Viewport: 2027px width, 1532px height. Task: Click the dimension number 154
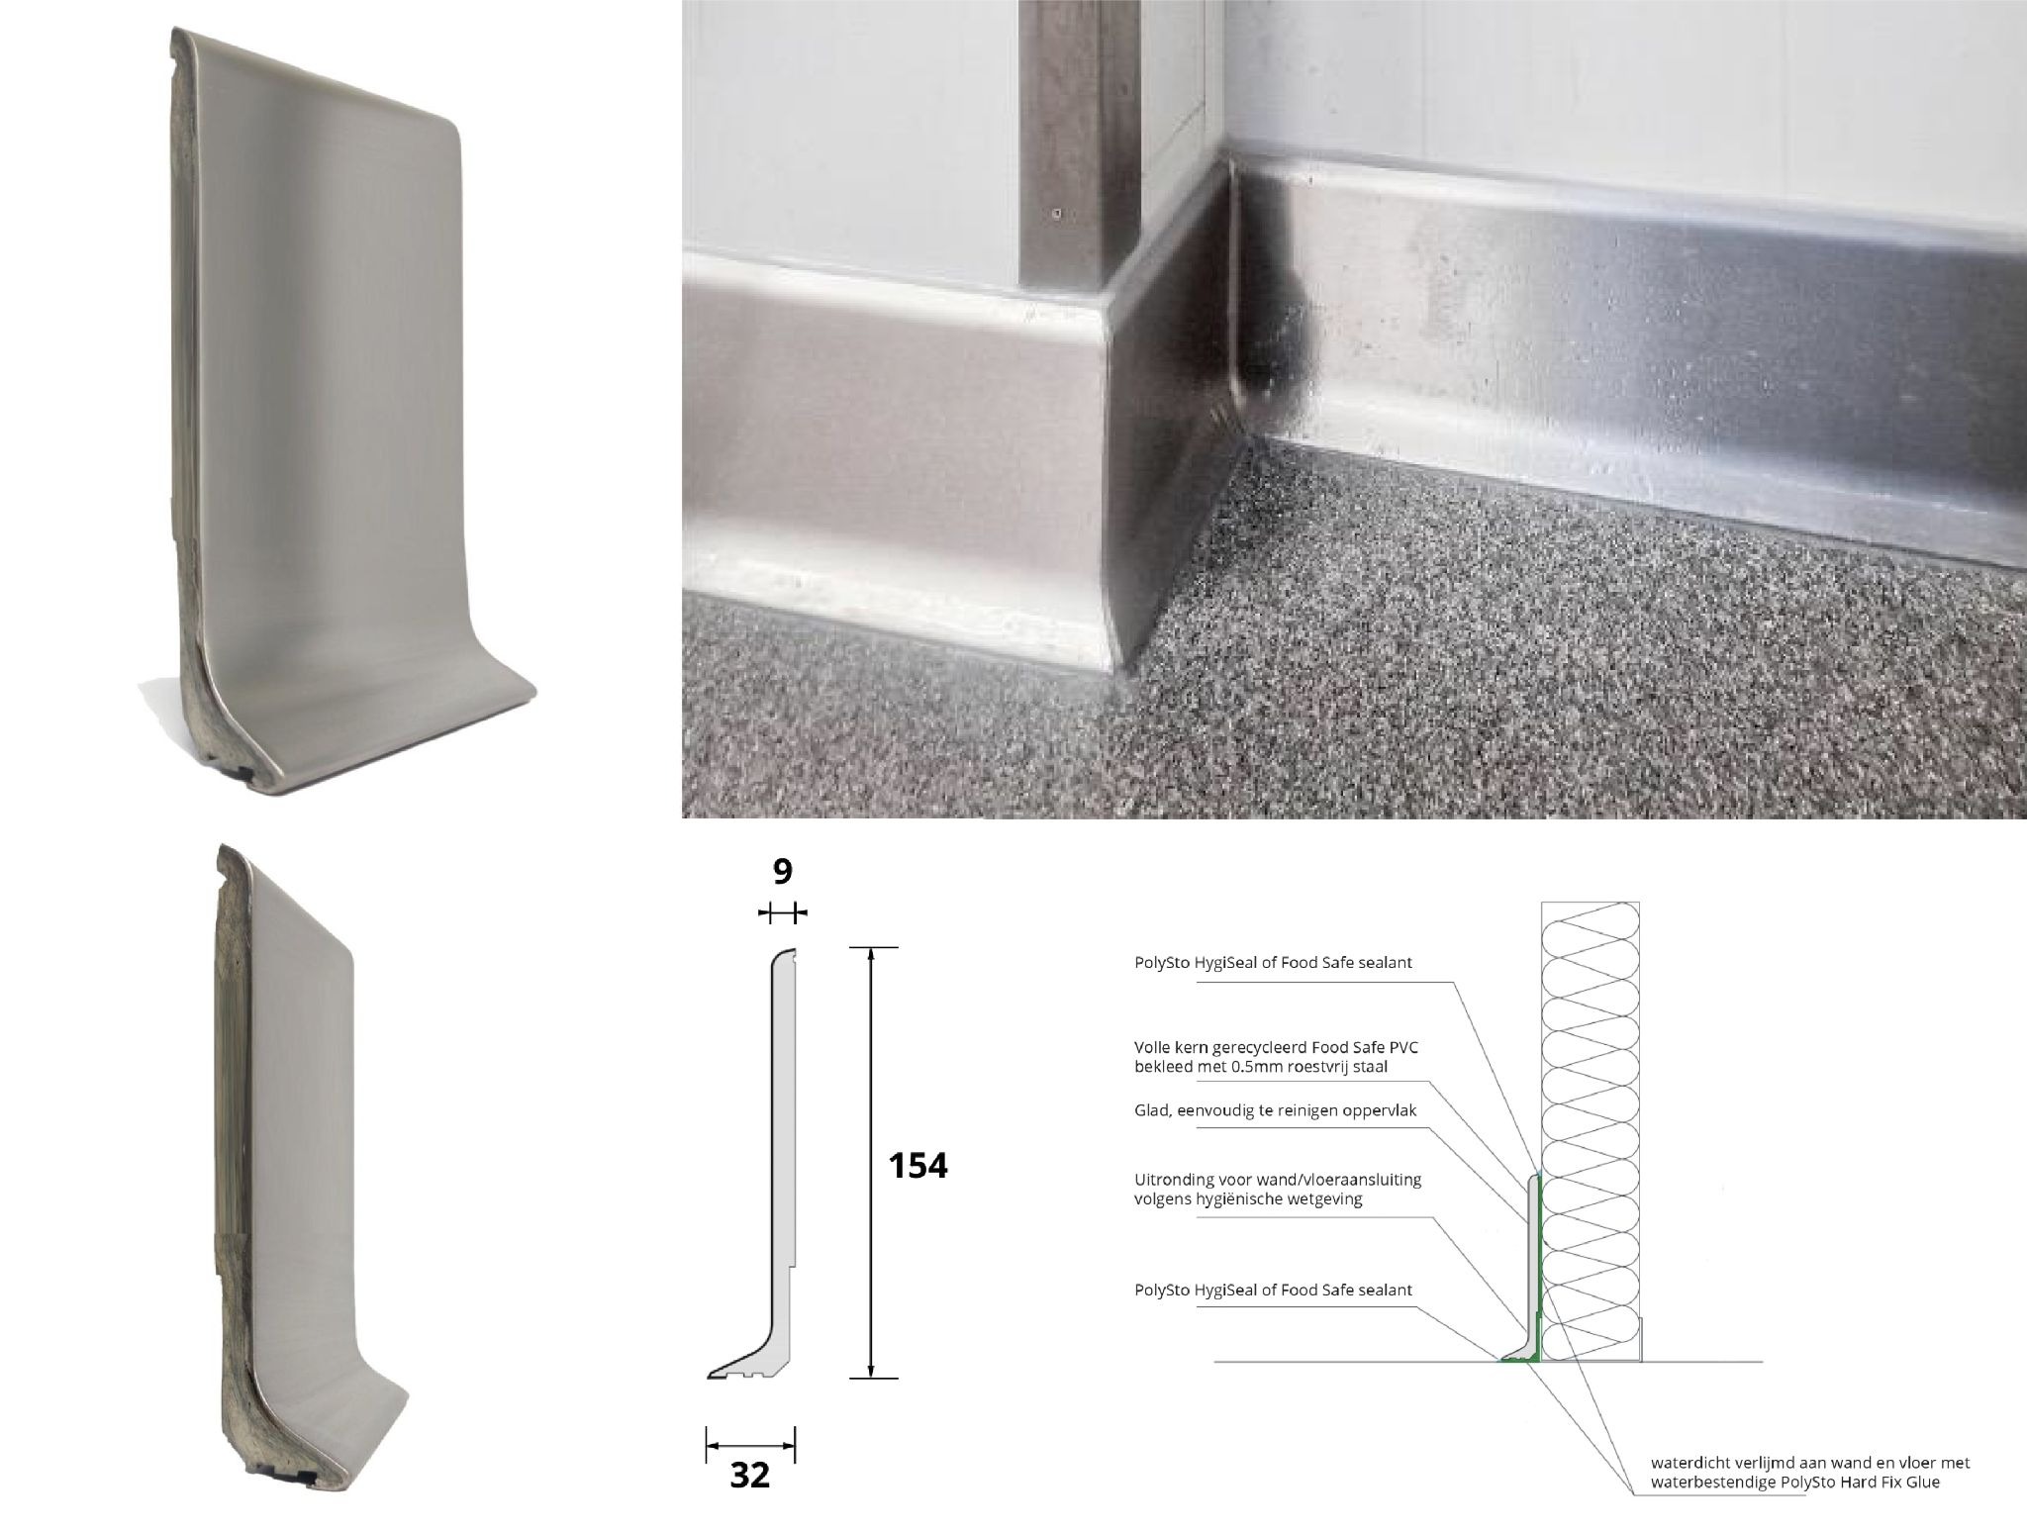[x=918, y=1165]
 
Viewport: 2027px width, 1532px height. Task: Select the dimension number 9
[x=782, y=872]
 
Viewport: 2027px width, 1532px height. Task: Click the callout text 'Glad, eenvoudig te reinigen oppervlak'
[x=1275, y=1110]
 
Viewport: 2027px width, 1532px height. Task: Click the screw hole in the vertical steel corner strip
[x=1058, y=213]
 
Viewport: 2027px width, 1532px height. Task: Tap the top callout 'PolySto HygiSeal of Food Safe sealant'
[x=1273, y=962]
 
